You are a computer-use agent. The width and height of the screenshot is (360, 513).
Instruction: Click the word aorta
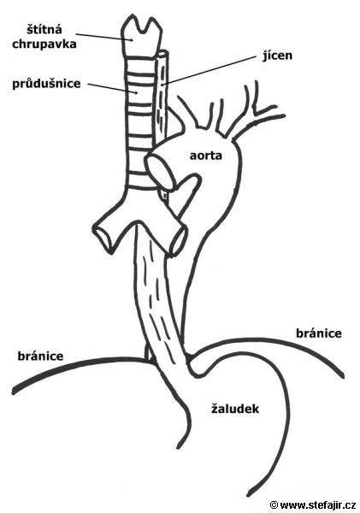tap(205, 156)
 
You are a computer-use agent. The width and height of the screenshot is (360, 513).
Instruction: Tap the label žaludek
tap(235, 409)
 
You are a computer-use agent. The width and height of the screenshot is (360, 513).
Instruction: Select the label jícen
tap(278, 56)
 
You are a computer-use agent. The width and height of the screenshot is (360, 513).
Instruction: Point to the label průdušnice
tap(46, 84)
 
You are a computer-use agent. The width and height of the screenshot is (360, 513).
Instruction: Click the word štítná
tap(44, 29)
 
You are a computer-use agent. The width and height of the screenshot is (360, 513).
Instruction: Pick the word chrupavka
tap(44, 44)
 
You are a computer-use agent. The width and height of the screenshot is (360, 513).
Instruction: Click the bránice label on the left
tap(40, 356)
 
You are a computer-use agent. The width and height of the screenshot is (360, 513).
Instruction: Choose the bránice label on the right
tap(319, 333)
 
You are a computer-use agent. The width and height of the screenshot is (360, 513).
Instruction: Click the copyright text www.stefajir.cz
tap(318, 504)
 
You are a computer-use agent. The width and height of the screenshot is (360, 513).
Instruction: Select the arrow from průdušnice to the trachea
tap(113, 89)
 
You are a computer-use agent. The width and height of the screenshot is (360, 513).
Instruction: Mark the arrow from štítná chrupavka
tap(104, 37)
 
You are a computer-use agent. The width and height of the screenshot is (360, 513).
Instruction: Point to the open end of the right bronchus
tap(178, 239)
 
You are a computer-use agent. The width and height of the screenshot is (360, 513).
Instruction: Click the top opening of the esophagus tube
tap(162, 53)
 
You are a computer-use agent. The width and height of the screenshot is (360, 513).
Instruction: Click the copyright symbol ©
tap(274, 505)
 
